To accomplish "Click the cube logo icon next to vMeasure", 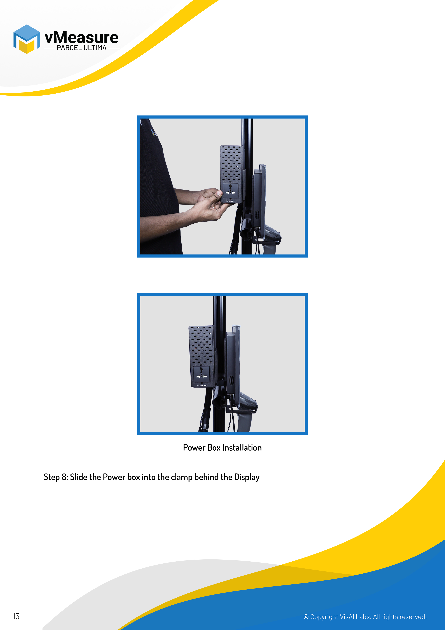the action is (27, 39).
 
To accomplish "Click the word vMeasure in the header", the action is (81, 37).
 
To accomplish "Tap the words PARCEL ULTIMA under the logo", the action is (82, 48).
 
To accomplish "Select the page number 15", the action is (16, 616).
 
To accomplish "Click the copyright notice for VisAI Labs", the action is (365, 617).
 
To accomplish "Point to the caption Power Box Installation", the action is (222, 448).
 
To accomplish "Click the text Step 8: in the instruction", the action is (56, 477).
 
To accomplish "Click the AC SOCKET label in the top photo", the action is (231, 201).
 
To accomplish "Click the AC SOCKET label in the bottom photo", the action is (202, 386).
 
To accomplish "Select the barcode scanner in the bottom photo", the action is (247, 412).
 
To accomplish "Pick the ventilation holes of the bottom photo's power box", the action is (201, 346).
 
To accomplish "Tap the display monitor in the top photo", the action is (259, 199).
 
